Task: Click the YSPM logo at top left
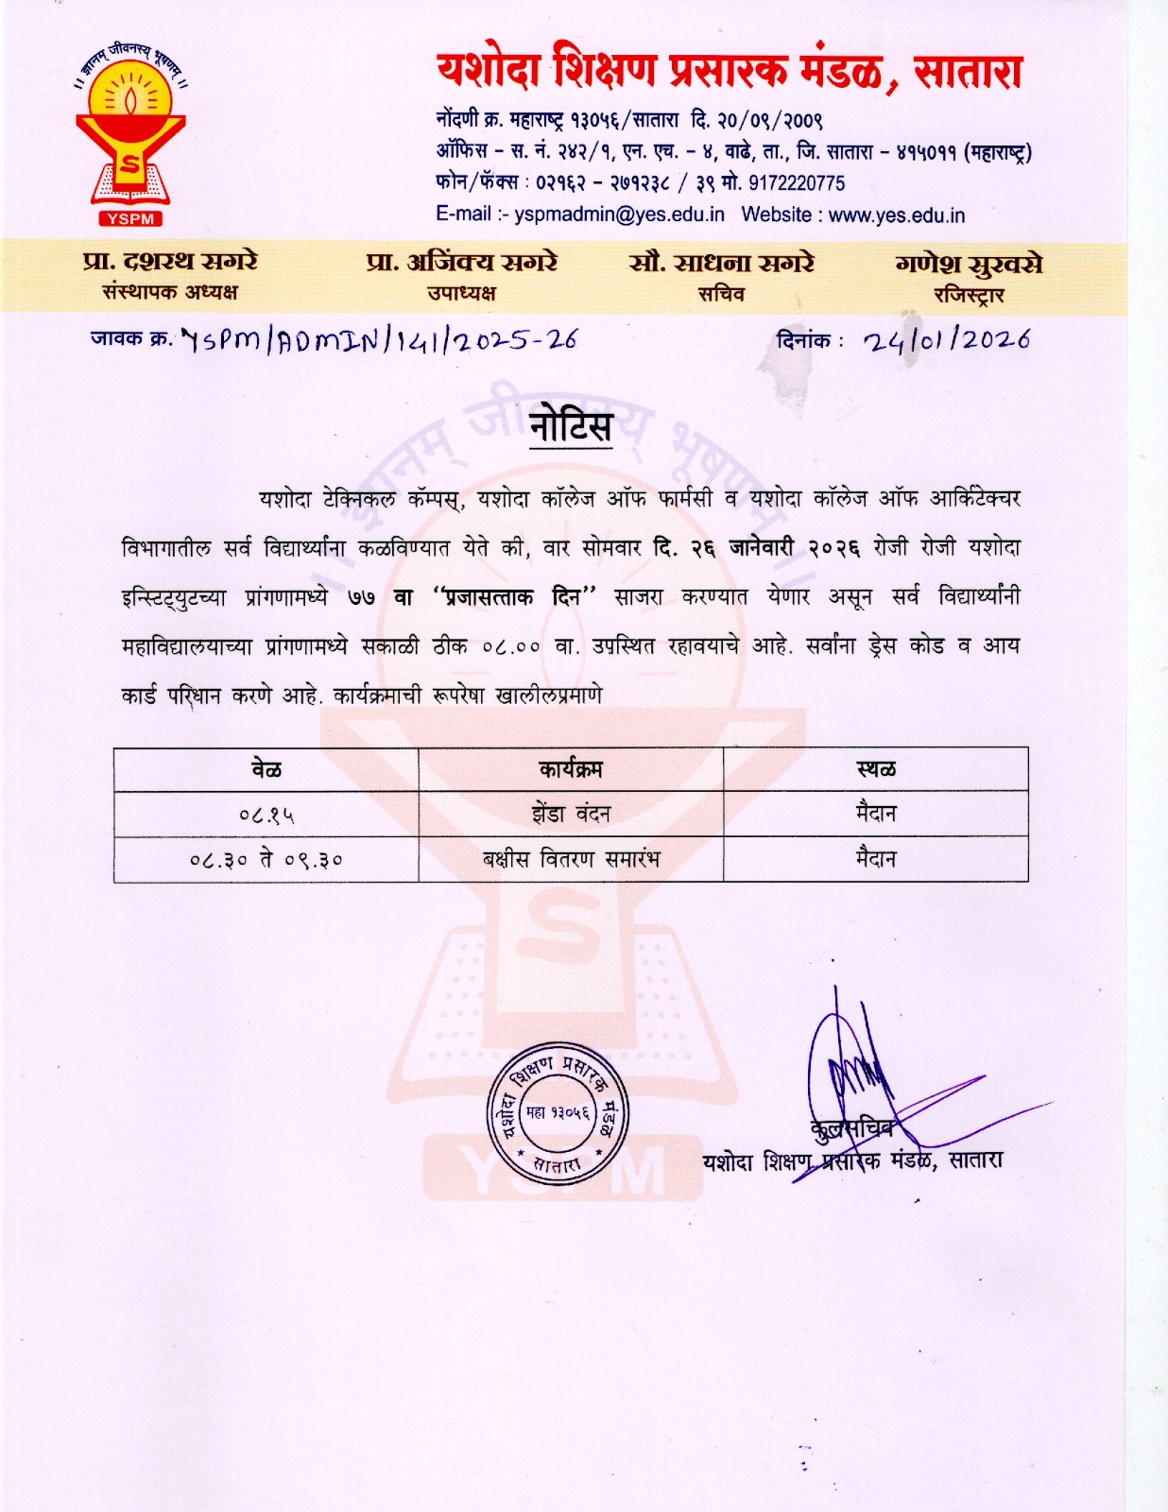(130, 137)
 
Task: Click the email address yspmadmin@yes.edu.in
(619, 215)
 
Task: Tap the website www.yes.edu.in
(897, 215)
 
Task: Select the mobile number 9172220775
(797, 183)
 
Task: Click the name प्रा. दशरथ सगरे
(170, 262)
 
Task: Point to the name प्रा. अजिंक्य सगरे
(461, 262)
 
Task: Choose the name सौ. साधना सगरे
(721, 263)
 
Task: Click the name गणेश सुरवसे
(969, 264)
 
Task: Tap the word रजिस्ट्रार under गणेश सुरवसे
(969, 296)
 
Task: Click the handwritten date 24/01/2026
(946, 340)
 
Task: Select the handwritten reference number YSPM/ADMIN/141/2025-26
(378, 340)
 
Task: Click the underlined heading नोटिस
(571, 427)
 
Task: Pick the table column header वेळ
(266, 769)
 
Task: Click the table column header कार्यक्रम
(571, 769)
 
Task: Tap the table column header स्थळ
(876, 769)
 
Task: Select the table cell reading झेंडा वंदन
(571, 814)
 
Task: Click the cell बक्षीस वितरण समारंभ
(571, 859)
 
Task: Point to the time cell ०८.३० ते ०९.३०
(266, 860)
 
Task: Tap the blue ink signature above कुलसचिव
(850, 1068)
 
